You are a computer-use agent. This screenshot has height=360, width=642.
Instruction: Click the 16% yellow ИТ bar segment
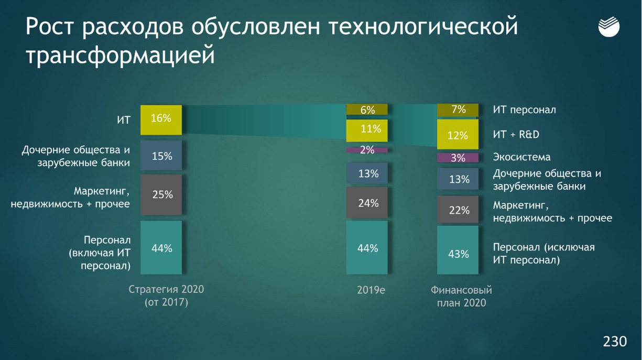point(161,120)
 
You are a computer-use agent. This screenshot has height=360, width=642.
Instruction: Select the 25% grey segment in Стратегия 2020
point(161,194)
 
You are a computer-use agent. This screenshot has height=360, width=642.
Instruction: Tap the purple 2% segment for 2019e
point(367,150)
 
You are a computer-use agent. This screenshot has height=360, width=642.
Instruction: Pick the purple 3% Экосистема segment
point(458,158)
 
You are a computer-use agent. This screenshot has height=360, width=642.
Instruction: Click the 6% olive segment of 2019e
point(367,109)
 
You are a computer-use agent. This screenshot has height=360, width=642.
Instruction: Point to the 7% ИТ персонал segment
point(458,110)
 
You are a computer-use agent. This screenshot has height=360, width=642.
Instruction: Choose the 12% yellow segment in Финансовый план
point(458,134)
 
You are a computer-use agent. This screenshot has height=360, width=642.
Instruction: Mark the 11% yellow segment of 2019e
point(367,130)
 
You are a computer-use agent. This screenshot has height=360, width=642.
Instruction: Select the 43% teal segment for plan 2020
point(458,250)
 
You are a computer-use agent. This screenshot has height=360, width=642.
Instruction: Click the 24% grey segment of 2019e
point(367,203)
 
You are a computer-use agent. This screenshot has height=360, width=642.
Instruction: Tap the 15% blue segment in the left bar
point(161,155)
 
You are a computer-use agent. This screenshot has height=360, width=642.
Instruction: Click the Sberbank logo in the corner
point(609,27)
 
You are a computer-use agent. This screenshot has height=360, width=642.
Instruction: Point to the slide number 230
point(615,341)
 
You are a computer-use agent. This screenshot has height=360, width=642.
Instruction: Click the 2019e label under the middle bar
point(371,290)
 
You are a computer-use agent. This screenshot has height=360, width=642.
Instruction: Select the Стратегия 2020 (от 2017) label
point(166,296)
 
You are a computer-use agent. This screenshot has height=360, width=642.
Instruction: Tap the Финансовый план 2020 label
point(461,297)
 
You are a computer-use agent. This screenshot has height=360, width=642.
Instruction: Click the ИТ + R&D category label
point(516,135)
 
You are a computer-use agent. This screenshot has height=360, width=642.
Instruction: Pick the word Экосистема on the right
point(521,157)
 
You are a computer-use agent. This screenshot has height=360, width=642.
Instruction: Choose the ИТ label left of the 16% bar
point(124,120)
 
